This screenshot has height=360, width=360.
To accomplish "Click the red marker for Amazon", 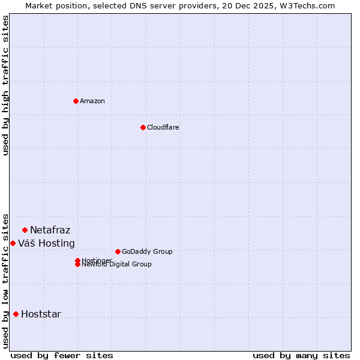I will tap(76, 101).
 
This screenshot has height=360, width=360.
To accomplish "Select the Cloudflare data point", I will tap(143, 127).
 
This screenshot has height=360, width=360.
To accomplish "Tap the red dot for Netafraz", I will tap(25, 230).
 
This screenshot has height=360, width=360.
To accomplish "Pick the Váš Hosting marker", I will tap(13, 243).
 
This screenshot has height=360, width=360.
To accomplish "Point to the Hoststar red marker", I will tap(16, 314).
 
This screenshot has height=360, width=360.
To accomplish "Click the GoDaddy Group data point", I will tap(118, 251).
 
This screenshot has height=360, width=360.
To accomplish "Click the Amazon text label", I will tap(92, 101).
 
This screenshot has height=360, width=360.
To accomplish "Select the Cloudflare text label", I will tap(163, 127).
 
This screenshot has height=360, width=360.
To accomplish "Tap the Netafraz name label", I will tap(50, 230).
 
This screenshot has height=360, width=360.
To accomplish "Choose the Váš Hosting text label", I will tap(46, 243).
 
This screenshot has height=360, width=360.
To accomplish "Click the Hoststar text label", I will tap(41, 314).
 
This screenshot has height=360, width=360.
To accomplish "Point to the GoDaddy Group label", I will tap(147, 251).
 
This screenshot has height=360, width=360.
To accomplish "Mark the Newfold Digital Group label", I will tap(117, 265).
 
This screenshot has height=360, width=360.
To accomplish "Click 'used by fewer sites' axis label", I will tap(62, 355).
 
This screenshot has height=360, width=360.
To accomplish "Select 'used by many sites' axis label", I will tap(301, 355).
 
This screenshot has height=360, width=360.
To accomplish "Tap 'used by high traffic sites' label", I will tap(5, 85).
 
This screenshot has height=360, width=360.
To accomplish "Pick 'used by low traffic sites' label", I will tap(5, 281).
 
